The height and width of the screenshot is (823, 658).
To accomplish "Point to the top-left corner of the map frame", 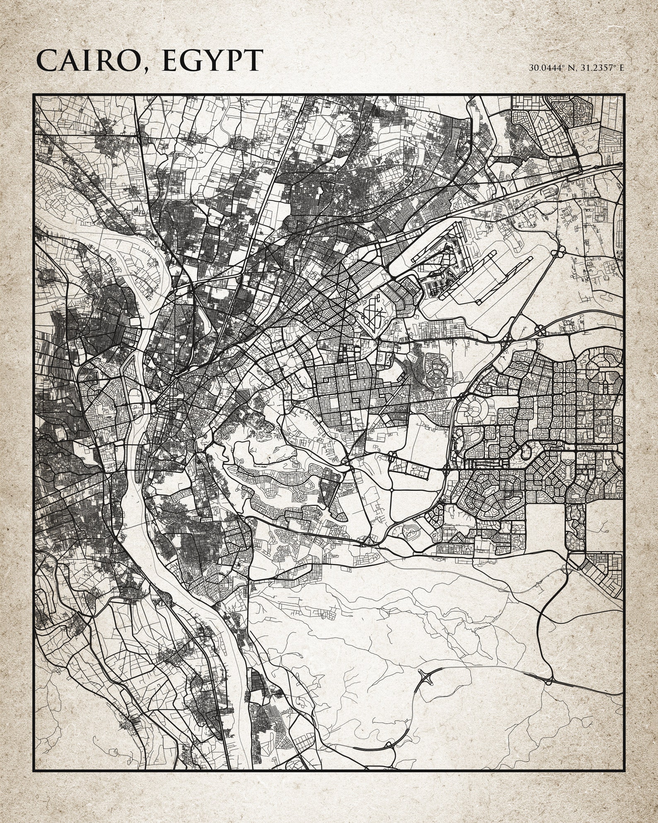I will click(34, 95).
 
